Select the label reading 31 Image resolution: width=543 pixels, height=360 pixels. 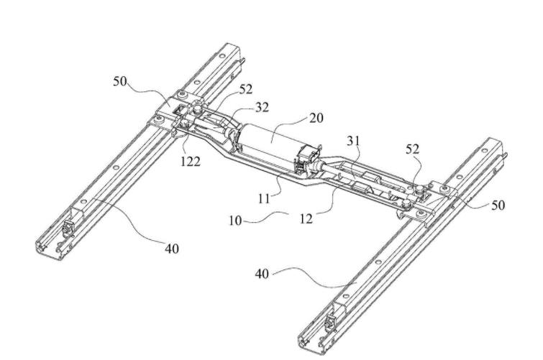click(355, 142)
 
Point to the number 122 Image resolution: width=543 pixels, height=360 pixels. click(191, 160)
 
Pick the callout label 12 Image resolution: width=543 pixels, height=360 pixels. click(308, 218)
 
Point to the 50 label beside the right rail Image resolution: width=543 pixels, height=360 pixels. click(497, 206)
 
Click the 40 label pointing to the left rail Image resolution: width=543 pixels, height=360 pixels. click(171, 249)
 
